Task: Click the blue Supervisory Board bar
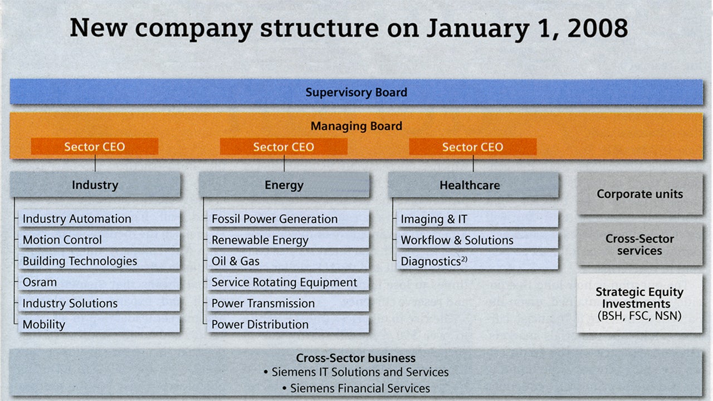click(x=356, y=92)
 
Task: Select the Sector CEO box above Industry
click(x=95, y=147)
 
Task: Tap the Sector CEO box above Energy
click(x=284, y=147)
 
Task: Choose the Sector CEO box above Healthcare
click(x=472, y=147)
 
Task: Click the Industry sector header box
click(x=95, y=185)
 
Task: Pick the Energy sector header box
click(x=284, y=185)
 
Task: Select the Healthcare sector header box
click(x=473, y=185)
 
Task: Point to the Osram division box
click(x=99, y=282)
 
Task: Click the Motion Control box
click(x=99, y=240)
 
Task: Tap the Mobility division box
click(x=99, y=325)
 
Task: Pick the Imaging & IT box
click(x=477, y=219)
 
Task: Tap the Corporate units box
click(x=639, y=194)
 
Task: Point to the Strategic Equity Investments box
click(x=639, y=304)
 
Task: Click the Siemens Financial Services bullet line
click(x=356, y=388)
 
